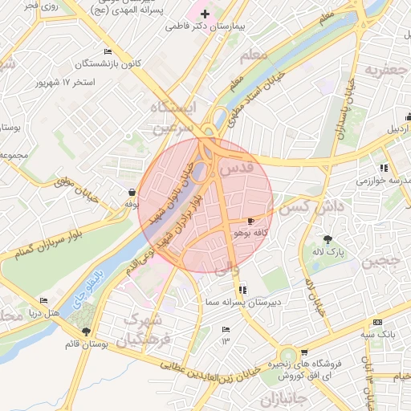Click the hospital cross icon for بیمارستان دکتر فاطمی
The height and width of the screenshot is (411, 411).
[x=205, y=14]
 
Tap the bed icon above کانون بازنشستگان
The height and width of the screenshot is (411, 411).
[x=108, y=51]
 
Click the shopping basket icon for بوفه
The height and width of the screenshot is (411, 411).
[x=131, y=192]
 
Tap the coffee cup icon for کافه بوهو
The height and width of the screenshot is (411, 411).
[x=251, y=220]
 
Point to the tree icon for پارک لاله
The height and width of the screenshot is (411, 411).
[x=327, y=239]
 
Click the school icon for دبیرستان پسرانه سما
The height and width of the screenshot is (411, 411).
[x=243, y=290]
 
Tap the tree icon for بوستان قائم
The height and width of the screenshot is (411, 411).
[x=86, y=332]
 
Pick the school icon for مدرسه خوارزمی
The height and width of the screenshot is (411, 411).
[x=385, y=168]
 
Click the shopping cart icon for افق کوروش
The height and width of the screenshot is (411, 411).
[x=303, y=352]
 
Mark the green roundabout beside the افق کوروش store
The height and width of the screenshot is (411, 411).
[x=287, y=355]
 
